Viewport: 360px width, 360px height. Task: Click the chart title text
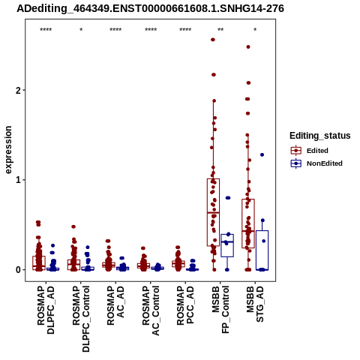click(x=150, y=8)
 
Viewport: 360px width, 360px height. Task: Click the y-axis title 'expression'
click(x=8, y=150)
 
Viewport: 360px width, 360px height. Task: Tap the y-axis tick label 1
click(x=18, y=180)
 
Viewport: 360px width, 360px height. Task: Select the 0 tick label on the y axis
click(x=18, y=270)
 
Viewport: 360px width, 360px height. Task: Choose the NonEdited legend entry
click(x=316, y=163)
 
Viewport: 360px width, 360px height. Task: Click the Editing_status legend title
click(x=319, y=136)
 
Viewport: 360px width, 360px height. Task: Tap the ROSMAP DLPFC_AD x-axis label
click(x=46, y=310)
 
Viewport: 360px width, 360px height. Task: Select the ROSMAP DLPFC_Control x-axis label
click(x=81, y=319)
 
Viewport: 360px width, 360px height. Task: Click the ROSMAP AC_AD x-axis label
click(x=115, y=305)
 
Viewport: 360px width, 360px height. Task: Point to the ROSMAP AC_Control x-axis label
click(x=151, y=310)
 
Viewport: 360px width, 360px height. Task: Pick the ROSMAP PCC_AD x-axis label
click(x=185, y=305)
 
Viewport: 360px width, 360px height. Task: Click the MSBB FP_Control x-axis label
click(x=220, y=310)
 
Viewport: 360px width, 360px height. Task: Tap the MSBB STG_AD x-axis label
click(x=255, y=304)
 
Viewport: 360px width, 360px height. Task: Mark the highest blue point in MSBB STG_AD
click(x=262, y=154)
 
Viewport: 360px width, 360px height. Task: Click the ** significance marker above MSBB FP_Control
click(x=220, y=30)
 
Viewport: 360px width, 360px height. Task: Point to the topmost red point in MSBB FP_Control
click(x=213, y=40)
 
